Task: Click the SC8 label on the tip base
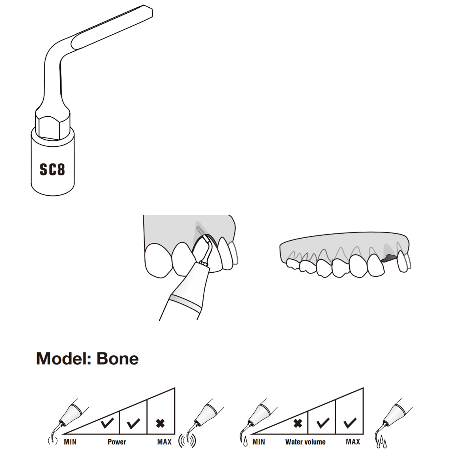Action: point(52,169)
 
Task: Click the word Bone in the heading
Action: point(117,359)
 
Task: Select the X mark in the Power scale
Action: point(160,423)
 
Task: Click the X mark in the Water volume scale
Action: point(298,423)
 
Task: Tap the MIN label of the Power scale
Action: point(70,442)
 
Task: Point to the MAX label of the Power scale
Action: point(164,442)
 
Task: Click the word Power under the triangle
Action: point(117,442)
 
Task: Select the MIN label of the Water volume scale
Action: point(259,442)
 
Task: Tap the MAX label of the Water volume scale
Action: point(353,442)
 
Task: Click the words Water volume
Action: point(305,442)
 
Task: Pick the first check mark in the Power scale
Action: point(107,423)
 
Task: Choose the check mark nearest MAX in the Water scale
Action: point(350,423)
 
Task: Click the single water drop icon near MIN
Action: point(245,442)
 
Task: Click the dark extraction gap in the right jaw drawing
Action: point(389,257)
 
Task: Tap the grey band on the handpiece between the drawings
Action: point(185,302)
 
